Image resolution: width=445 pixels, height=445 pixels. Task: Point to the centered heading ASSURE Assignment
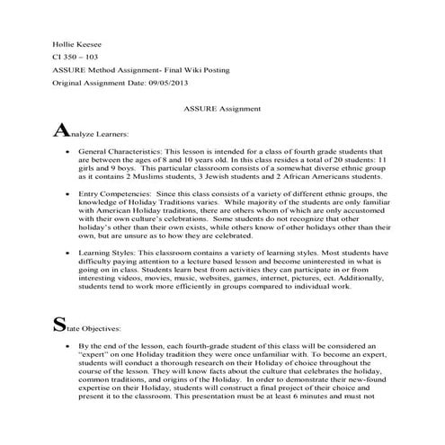pos(222,110)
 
